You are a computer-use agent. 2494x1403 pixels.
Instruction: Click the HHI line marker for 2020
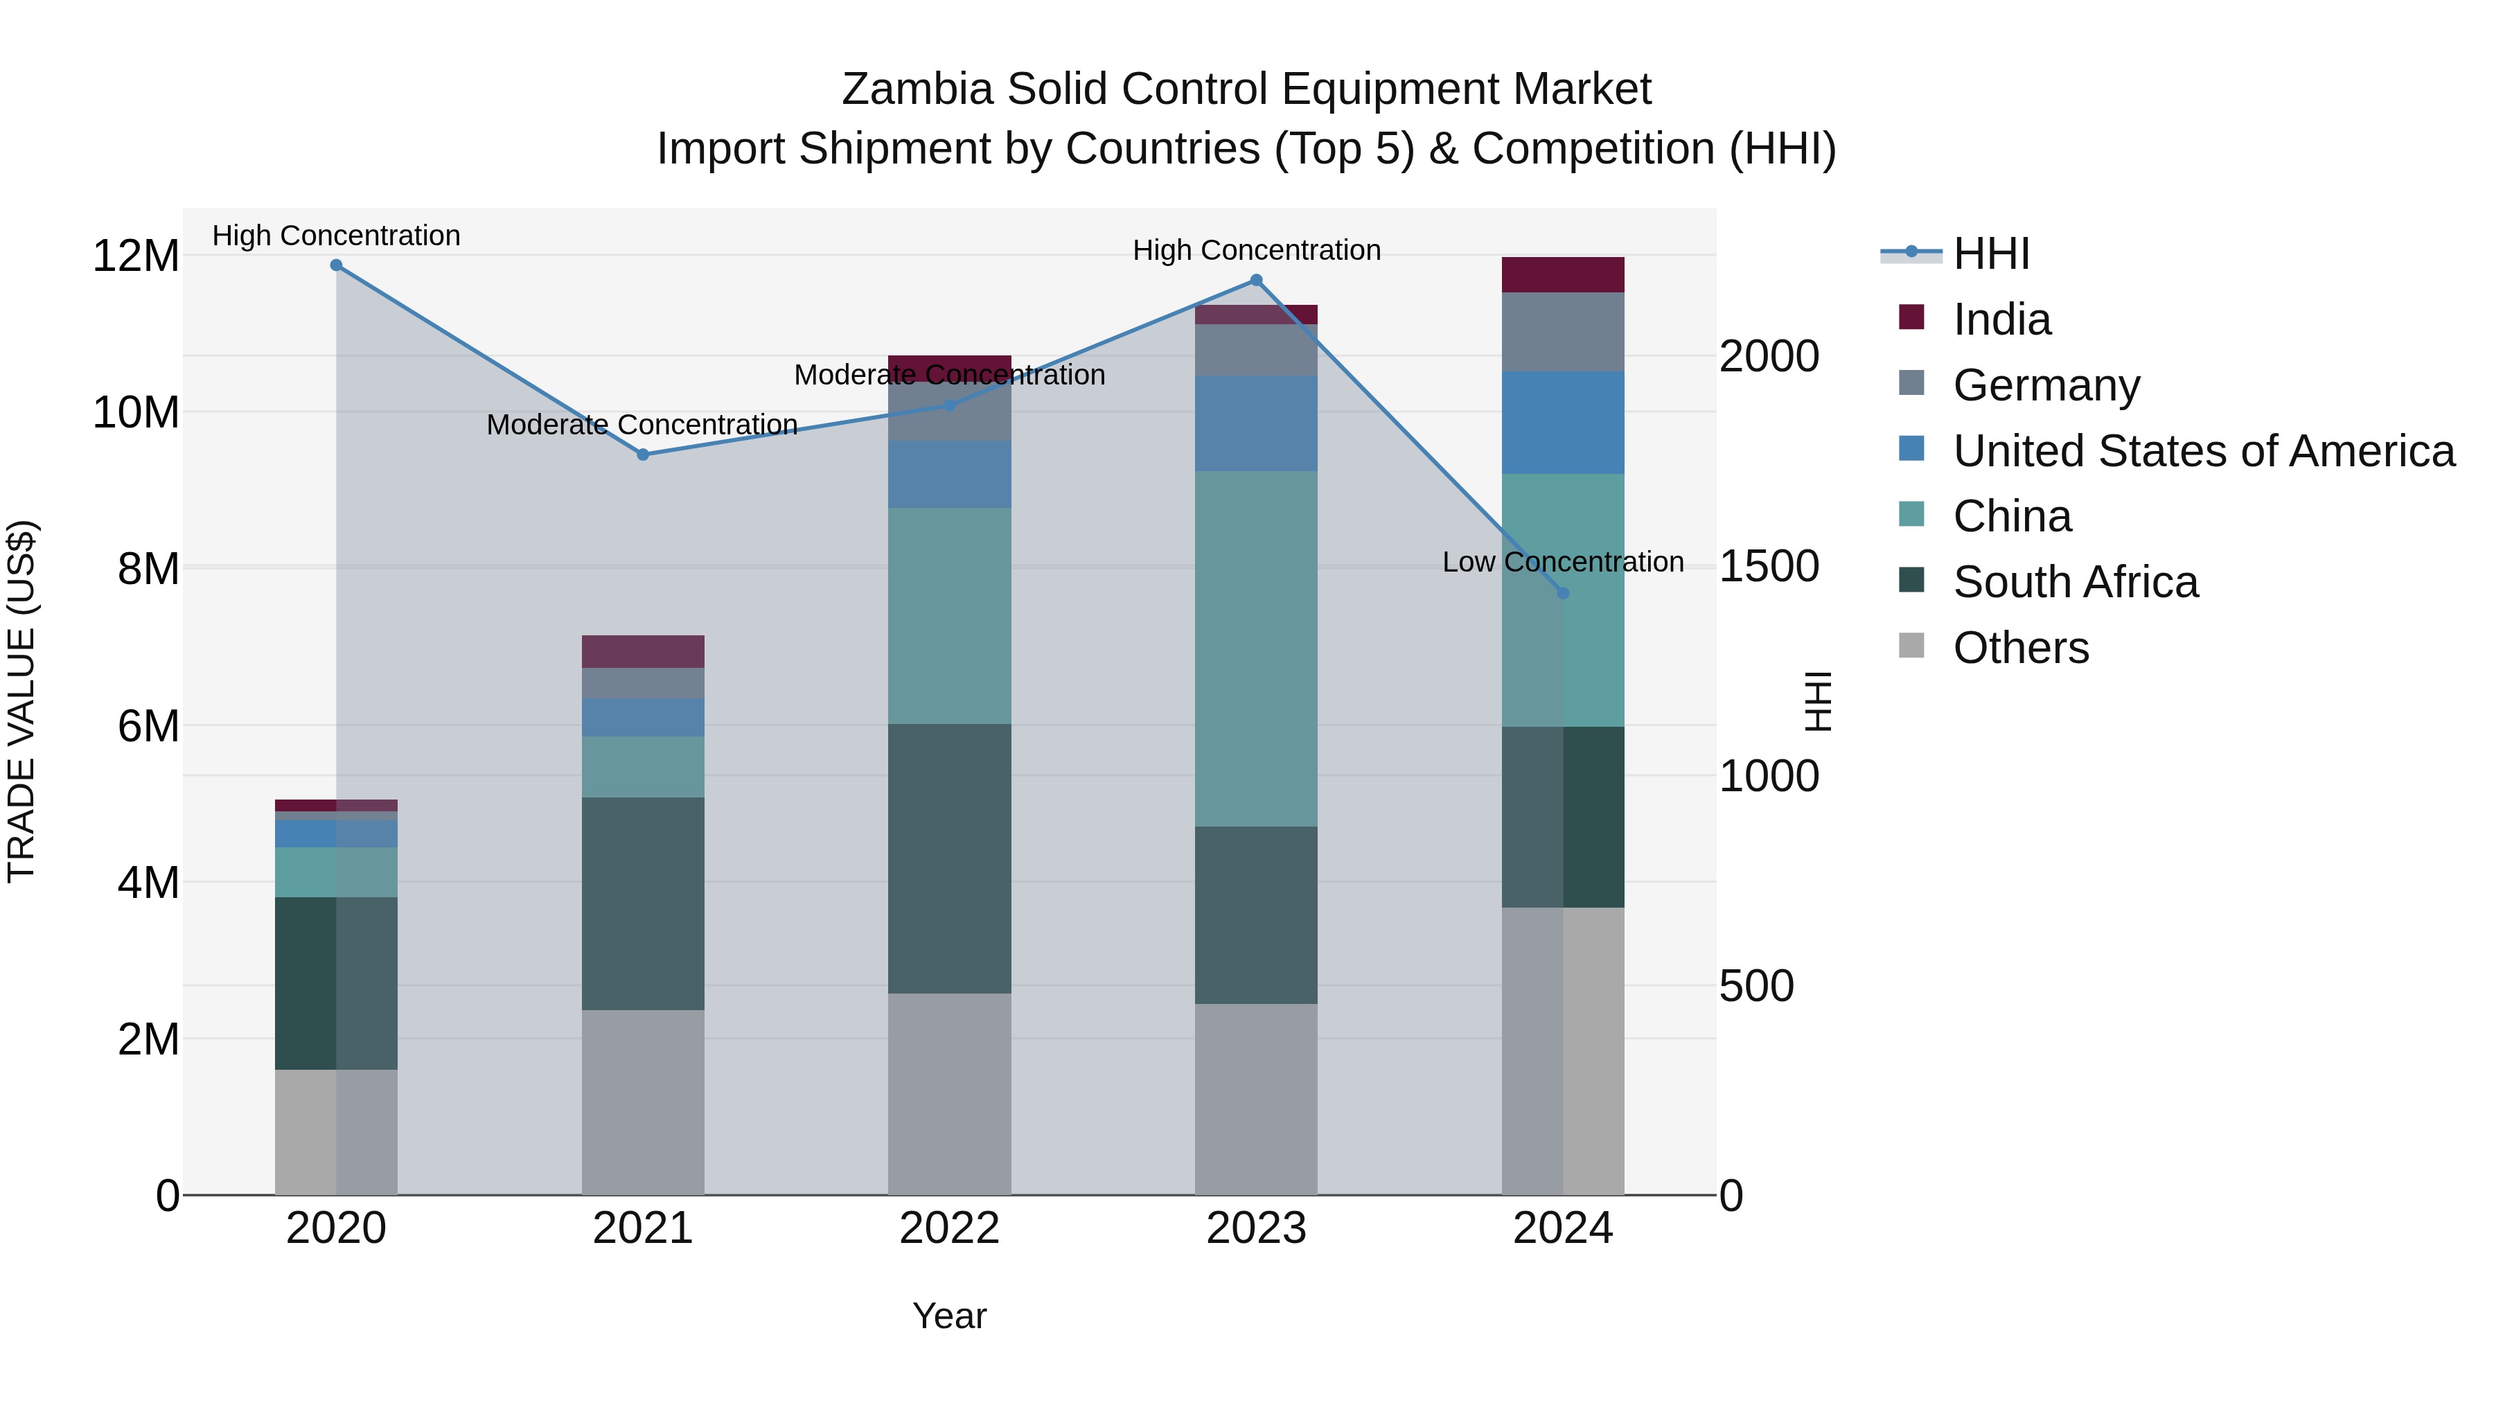pos(336,265)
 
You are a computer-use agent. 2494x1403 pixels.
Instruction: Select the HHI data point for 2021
pos(643,454)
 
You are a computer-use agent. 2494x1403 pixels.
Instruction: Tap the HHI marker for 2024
pos(1563,592)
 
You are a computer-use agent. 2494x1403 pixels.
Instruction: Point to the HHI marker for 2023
pos(1256,280)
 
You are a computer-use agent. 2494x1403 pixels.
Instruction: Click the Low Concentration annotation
pos(1563,562)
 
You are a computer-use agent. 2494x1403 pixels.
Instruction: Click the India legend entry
pos(2001,319)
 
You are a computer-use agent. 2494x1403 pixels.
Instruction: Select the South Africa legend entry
pos(2075,582)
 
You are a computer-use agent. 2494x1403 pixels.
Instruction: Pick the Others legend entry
pos(2021,648)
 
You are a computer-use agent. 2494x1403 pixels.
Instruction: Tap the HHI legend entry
pos(1990,254)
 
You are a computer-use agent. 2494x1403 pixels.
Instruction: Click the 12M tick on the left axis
pos(136,256)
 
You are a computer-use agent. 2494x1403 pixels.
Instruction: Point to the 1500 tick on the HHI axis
pos(1769,567)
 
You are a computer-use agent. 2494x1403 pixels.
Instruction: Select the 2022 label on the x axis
pos(949,1228)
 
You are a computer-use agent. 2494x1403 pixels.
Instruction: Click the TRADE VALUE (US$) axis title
pos(21,701)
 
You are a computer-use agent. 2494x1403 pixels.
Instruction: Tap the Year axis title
pos(949,1316)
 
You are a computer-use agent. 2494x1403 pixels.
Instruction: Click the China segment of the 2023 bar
pos(1256,648)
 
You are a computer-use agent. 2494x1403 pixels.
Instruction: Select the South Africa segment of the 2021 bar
pos(643,903)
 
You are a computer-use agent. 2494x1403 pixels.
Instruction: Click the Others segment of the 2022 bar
pos(949,1094)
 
